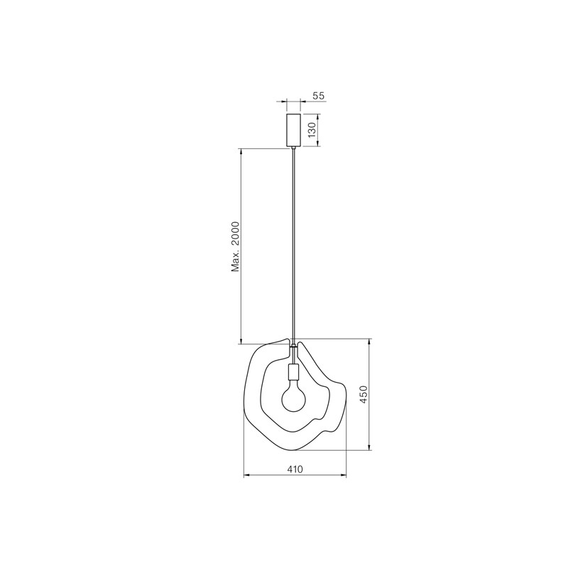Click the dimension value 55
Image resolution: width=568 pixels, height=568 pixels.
tap(318, 96)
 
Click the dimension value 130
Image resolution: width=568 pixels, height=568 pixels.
tap(312, 130)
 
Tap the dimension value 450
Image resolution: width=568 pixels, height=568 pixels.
tap(364, 395)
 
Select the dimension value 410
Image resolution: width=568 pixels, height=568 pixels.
tap(295, 469)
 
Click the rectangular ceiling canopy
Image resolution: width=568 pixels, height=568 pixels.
tap(293, 131)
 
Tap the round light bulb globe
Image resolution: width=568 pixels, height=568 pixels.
tap(294, 399)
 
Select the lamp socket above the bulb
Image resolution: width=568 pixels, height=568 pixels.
tap(293, 371)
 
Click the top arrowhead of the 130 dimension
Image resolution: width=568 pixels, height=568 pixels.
tap(317, 116)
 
